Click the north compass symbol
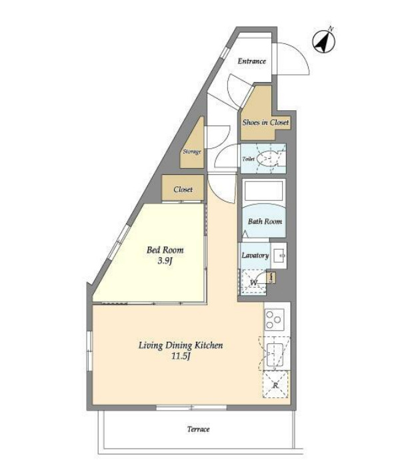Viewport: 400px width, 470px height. pyautogui.click(x=324, y=41)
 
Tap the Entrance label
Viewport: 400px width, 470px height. pyautogui.click(x=252, y=61)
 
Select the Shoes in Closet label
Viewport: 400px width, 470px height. pyautogui.click(x=265, y=122)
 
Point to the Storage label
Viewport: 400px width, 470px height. pyautogui.click(x=192, y=152)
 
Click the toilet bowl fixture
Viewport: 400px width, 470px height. pyautogui.click(x=267, y=158)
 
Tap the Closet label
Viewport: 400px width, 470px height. pyautogui.click(x=183, y=190)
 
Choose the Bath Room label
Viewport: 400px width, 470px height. pyautogui.click(x=265, y=222)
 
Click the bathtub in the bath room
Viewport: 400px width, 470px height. pyautogui.click(x=263, y=191)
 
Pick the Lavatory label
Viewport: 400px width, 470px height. pyautogui.click(x=255, y=256)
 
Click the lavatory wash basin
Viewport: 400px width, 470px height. pyautogui.click(x=279, y=256)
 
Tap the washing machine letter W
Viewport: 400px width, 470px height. pyautogui.click(x=253, y=282)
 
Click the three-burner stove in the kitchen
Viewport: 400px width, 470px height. pyautogui.click(x=274, y=320)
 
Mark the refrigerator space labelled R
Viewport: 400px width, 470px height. pyautogui.click(x=275, y=385)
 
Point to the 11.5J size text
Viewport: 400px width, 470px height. pyautogui.click(x=181, y=357)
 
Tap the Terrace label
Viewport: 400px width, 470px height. pyautogui.click(x=198, y=429)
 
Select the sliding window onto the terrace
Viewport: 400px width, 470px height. pyautogui.click(x=191, y=408)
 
